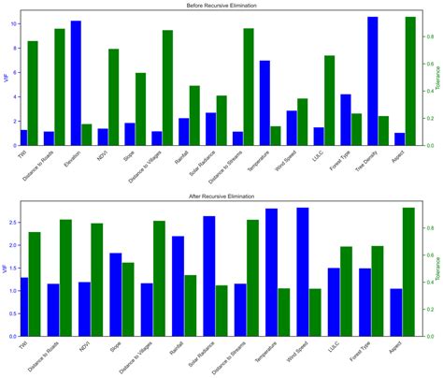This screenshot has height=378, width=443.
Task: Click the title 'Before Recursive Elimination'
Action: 221,6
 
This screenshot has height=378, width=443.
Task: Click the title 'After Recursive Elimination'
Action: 221,197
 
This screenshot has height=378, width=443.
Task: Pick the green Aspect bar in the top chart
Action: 410,81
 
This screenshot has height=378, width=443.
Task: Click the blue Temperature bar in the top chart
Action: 264,103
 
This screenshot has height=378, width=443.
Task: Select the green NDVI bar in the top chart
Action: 113,97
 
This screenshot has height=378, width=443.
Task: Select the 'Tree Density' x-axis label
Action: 364,162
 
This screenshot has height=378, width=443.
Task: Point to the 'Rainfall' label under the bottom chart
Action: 176,350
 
